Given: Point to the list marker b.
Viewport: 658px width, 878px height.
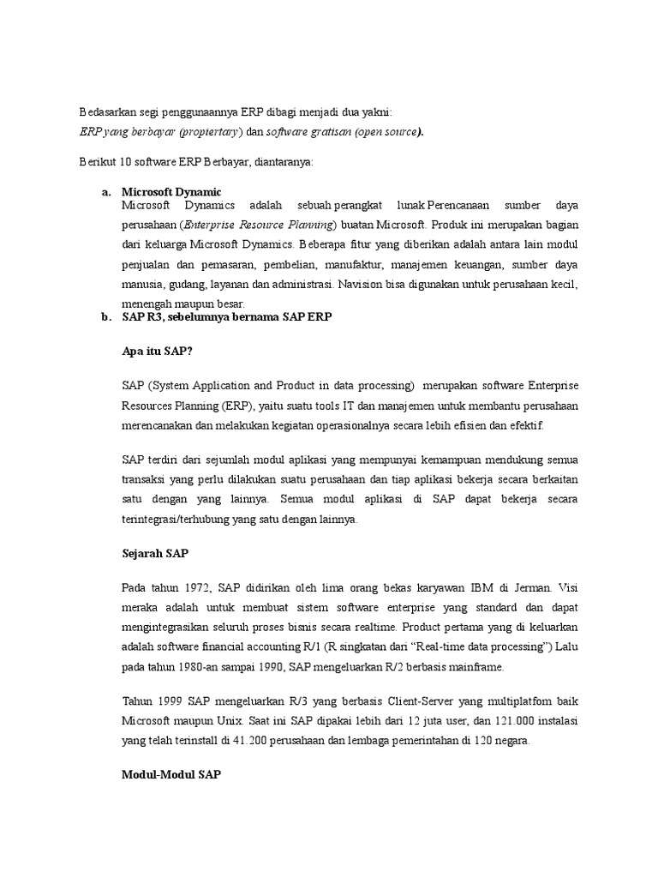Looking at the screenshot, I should (105, 317).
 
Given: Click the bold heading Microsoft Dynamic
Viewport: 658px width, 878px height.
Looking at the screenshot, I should (171, 193).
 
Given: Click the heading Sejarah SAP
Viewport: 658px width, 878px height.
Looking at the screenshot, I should (154, 554).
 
